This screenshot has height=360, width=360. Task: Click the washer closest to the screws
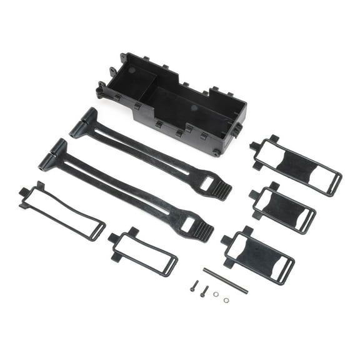(216, 294)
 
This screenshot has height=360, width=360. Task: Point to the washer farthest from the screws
(226, 300)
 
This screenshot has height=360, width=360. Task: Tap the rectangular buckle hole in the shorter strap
(206, 182)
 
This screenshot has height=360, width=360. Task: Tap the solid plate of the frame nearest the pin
(258, 256)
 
